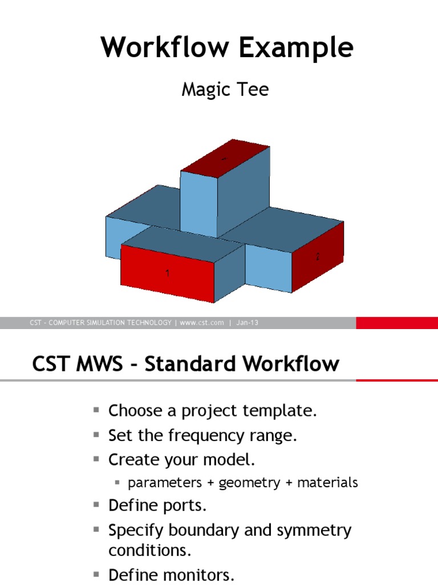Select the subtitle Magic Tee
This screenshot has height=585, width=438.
(225, 90)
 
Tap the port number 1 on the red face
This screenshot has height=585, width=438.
(167, 274)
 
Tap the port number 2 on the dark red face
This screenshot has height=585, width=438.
(318, 257)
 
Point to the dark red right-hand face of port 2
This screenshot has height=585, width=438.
(318, 257)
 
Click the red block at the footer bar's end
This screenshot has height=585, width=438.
(397, 323)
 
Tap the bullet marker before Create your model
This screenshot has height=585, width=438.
(96, 459)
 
